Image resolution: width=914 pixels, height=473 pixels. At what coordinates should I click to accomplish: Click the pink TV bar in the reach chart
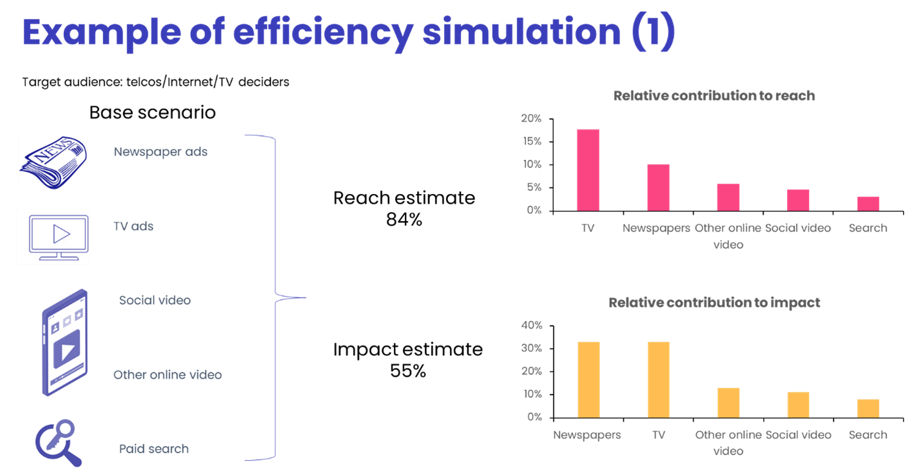click(x=587, y=169)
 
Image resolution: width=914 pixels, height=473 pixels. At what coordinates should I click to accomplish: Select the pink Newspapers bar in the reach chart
click(x=658, y=187)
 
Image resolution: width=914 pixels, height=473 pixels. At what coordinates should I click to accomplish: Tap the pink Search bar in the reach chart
click(x=868, y=204)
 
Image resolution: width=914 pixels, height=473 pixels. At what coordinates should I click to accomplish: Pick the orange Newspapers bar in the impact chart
click(x=588, y=379)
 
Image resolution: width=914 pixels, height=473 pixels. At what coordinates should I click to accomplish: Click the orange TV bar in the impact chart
click(x=658, y=379)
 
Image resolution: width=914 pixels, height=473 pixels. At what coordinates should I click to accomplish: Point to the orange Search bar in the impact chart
click(x=868, y=408)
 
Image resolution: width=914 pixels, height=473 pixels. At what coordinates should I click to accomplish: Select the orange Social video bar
click(x=798, y=404)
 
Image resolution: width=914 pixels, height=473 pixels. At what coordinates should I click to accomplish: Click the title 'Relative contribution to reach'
click(x=714, y=96)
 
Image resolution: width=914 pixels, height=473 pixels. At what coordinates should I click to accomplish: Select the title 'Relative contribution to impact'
click(x=714, y=302)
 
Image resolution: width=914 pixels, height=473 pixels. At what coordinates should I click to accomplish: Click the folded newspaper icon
click(x=53, y=162)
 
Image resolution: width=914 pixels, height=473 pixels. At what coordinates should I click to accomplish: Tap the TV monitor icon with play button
click(x=52, y=236)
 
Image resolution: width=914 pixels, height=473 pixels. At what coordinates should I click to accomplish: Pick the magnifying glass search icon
click(x=58, y=443)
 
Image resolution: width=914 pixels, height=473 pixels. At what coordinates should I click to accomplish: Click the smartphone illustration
click(x=64, y=343)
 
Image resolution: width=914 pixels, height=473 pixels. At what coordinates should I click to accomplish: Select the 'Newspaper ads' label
click(x=160, y=152)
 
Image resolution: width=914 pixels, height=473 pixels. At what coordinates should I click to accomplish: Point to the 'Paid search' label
click(x=153, y=449)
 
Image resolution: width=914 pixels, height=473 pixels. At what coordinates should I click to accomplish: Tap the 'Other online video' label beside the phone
click(x=168, y=375)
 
